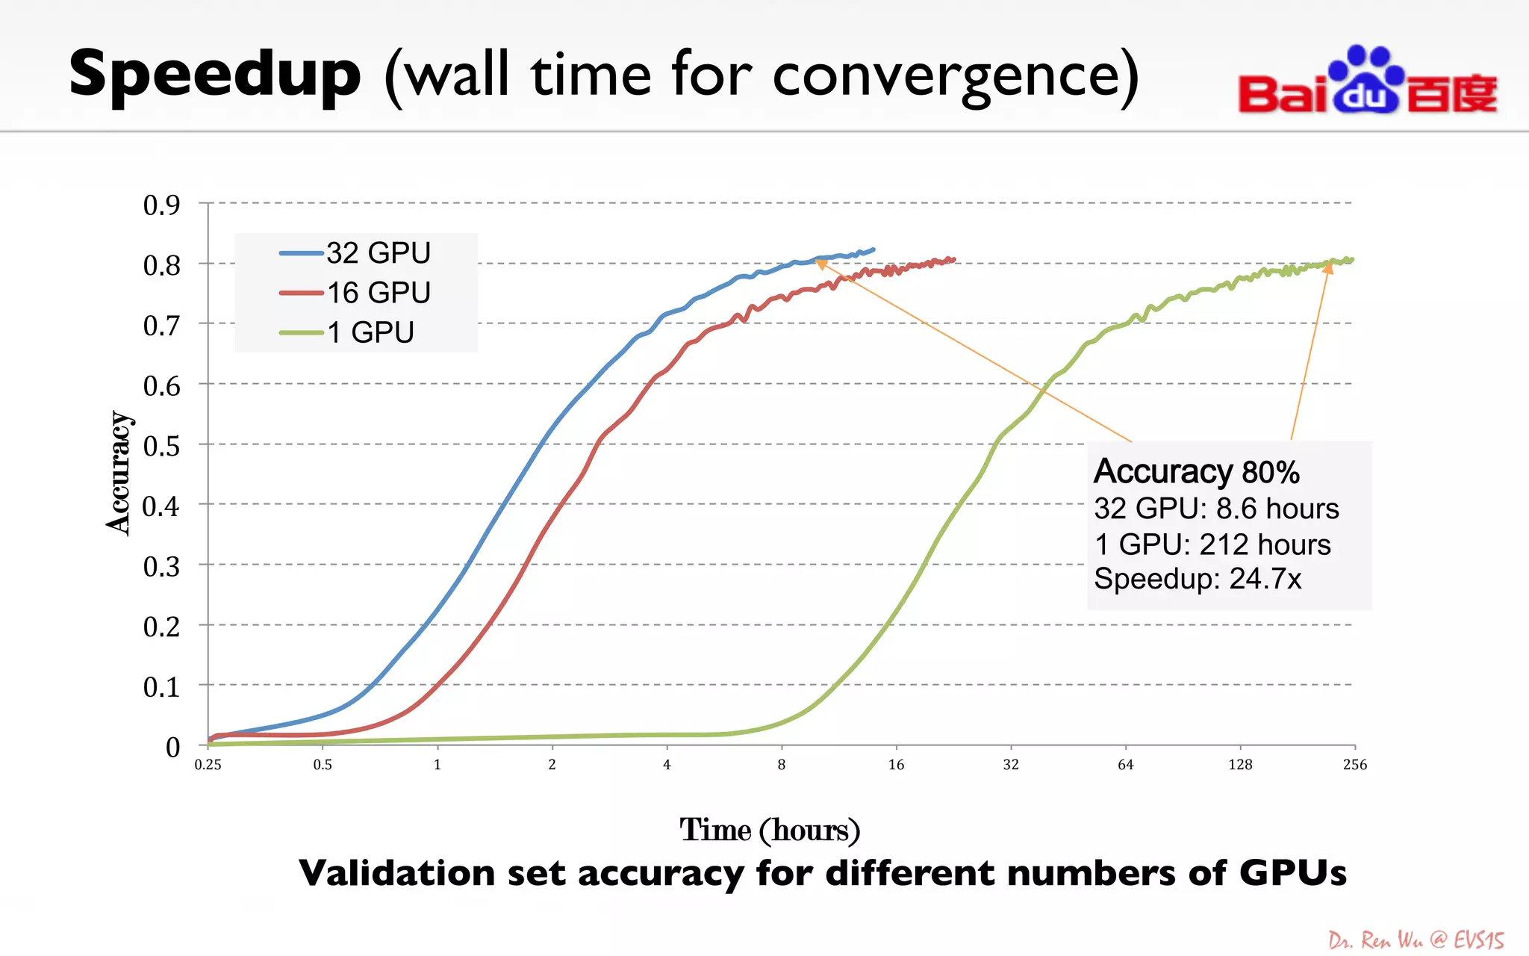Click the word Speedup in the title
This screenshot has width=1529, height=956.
(x=215, y=75)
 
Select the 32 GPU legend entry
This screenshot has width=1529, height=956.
(x=355, y=253)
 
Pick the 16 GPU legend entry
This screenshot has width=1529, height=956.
(x=355, y=293)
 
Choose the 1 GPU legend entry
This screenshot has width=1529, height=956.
(x=347, y=332)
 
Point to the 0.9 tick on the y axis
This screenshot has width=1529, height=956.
(x=161, y=205)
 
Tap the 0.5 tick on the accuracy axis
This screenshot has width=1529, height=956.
(x=161, y=446)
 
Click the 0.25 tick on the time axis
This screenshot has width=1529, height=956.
(x=208, y=765)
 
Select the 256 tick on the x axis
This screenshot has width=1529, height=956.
(x=1354, y=765)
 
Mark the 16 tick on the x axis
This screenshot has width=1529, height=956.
(x=896, y=765)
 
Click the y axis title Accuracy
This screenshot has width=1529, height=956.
(x=119, y=473)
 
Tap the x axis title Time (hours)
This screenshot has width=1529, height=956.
(x=770, y=831)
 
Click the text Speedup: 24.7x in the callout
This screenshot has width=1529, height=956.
(x=1198, y=580)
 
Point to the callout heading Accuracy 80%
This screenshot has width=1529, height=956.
(x=1196, y=472)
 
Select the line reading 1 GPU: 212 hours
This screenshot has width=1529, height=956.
(x=1212, y=544)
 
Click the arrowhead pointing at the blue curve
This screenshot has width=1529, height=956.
(x=820, y=262)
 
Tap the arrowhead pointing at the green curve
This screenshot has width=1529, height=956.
(x=1328, y=267)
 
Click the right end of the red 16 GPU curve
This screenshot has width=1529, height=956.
(x=953, y=260)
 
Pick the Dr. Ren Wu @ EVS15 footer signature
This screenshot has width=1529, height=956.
(x=1416, y=940)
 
